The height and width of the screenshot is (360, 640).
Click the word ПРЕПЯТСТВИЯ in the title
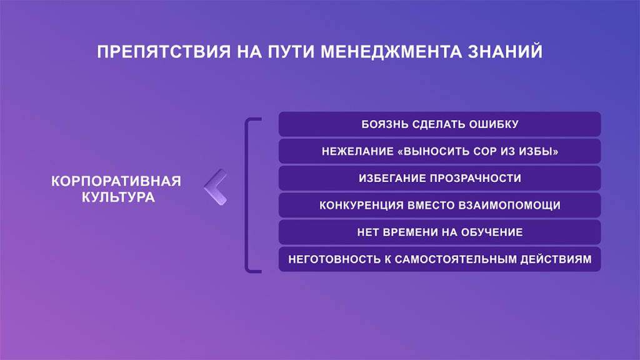pos(164,52)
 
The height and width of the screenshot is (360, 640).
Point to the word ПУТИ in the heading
pos(291,52)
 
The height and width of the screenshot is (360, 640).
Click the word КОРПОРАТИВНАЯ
pos(116,181)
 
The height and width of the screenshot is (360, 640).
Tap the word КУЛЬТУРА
pos(118,197)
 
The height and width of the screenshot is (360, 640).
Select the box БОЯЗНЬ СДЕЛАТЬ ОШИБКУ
pos(439,124)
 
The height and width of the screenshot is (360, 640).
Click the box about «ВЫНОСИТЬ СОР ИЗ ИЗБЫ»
pos(439,151)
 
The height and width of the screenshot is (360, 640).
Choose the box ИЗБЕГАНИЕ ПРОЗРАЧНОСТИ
pos(439,178)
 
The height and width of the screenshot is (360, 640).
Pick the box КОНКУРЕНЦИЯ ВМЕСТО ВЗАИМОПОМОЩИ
pos(439,205)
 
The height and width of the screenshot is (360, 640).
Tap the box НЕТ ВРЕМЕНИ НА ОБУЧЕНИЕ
pos(439,232)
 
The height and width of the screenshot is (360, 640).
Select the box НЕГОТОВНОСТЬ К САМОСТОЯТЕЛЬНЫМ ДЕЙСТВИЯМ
pos(439,259)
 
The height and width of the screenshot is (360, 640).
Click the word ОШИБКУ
pos(494,124)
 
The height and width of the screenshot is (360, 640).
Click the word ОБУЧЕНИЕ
pos(491,232)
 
